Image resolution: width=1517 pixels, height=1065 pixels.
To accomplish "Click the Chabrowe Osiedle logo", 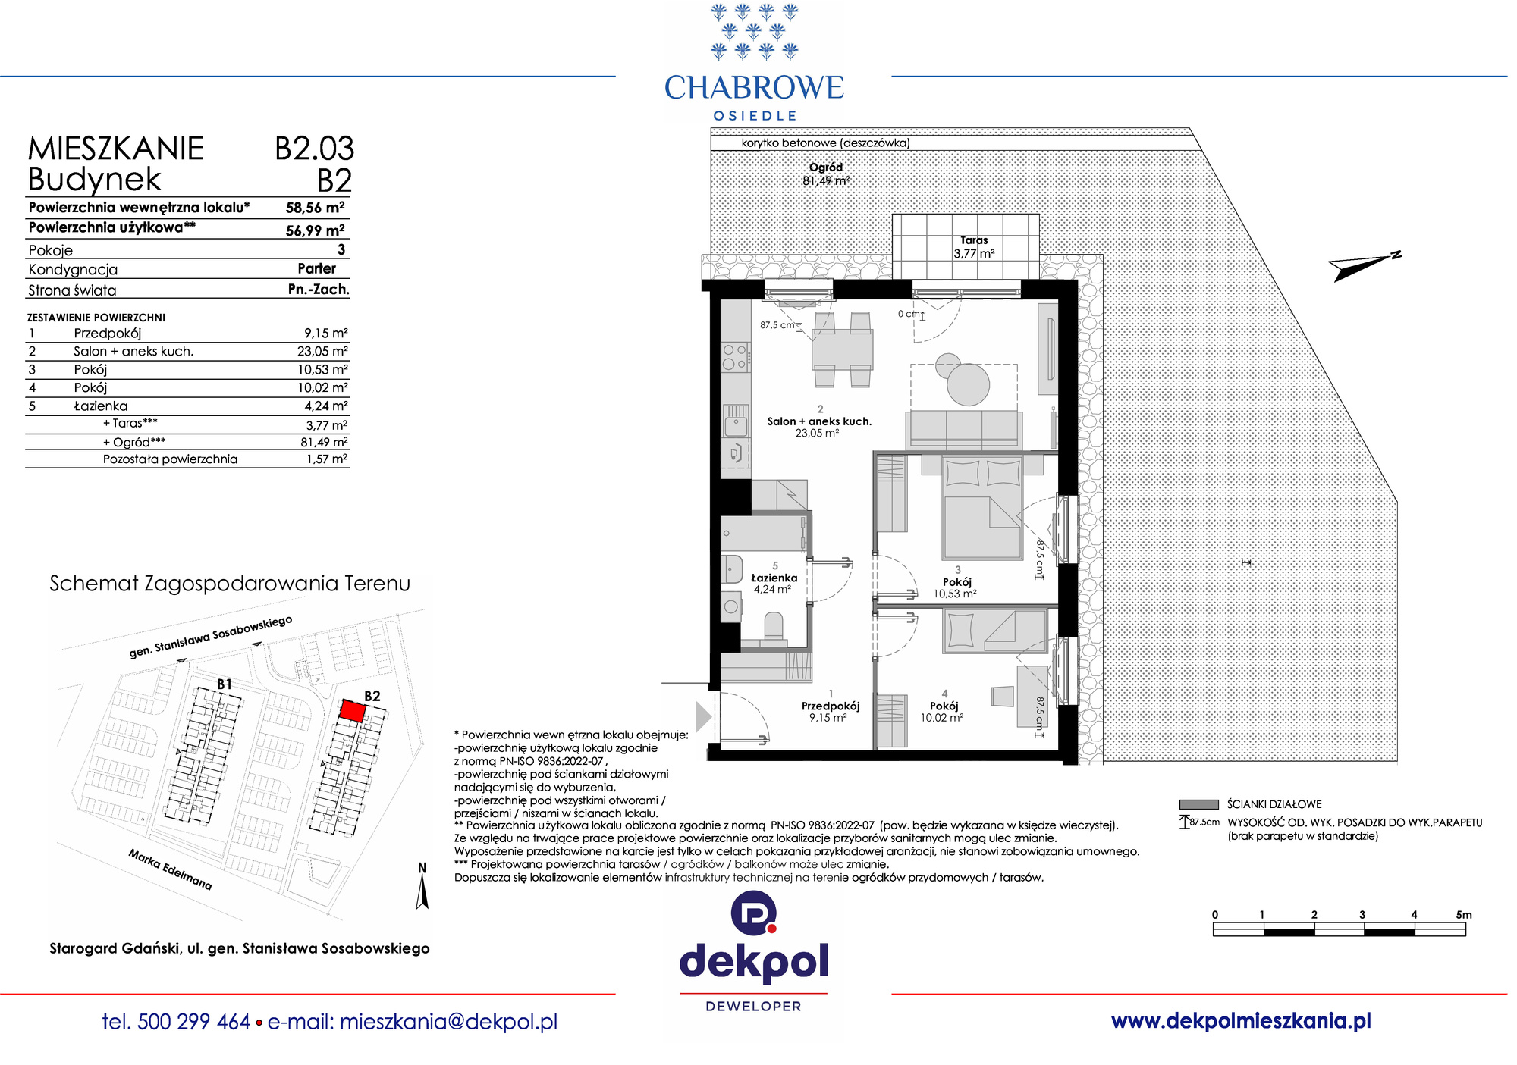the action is pyautogui.click(x=754, y=62).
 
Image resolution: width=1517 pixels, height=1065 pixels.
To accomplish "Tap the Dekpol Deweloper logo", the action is pyautogui.click(x=754, y=952).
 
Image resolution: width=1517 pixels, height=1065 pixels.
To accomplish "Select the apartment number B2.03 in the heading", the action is pyautogui.click(x=315, y=149).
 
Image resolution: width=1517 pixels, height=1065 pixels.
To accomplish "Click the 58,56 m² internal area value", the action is pyautogui.click(x=316, y=208).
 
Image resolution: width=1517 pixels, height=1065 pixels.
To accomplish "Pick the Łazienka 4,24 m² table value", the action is pyautogui.click(x=326, y=406).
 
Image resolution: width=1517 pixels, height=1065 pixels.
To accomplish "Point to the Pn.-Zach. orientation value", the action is pyautogui.click(x=319, y=290).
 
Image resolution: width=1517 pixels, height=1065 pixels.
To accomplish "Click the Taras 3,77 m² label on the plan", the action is pyautogui.click(x=975, y=247).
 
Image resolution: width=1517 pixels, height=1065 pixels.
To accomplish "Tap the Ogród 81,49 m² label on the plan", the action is pyautogui.click(x=826, y=174).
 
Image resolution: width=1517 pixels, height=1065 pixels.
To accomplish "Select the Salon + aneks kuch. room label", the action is pyautogui.click(x=819, y=421).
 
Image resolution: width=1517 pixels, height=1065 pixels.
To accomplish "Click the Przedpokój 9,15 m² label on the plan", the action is pyautogui.click(x=831, y=711).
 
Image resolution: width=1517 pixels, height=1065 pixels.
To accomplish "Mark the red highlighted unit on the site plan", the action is pyautogui.click(x=352, y=710).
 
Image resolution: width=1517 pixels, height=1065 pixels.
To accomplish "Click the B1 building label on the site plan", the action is pyautogui.click(x=225, y=684).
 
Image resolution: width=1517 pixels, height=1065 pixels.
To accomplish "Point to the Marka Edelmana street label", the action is pyautogui.click(x=171, y=869).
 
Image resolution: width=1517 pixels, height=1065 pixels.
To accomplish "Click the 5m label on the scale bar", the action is pyautogui.click(x=1464, y=915).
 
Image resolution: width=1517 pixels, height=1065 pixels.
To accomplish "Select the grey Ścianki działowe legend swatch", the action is pyautogui.click(x=1198, y=804).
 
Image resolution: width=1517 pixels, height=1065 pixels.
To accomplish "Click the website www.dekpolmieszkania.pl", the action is pyautogui.click(x=1241, y=1021).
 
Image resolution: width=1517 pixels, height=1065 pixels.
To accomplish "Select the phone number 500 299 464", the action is pyautogui.click(x=194, y=1022).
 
